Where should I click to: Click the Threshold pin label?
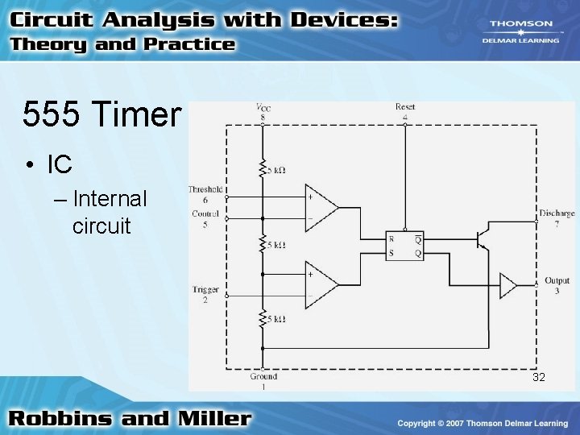pyautogui.click(x=205, y=189)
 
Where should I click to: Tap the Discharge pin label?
pyautogui.click(x=557, y=213)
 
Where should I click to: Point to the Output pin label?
pyautogui.click(x=557, y=281)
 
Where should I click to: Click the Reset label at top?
pyautogui.click(x=405, y=107)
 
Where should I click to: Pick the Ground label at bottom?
pyautogui.click(x=263, y=376)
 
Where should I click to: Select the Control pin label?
pyautogui.click(x=205, y=214)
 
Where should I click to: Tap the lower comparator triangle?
pyautogui.click(x=321, y=284)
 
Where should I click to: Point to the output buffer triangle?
pyautogui.click(x=508, y=284)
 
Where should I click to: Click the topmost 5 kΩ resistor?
pyautogui.click(x=263, y=168)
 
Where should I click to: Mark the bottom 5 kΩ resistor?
pyautogui.click(x=263, y=319)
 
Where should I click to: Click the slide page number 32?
pyautogui.click(x=539, y=377)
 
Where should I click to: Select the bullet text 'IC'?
pyautogui.click(x=60, y=164)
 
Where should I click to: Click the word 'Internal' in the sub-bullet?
pyautogui.click(x=110, y=198)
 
